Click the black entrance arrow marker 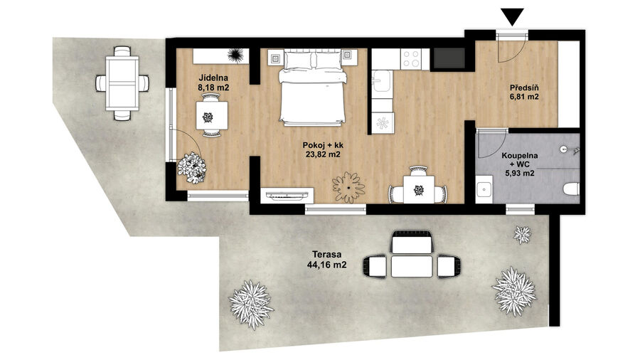click(x=512, y=17)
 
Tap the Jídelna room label click(x=213, y=78)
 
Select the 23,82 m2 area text click(x=323, y=154)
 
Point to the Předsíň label click(x=525, y=88)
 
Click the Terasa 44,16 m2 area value click(x=327, y=265)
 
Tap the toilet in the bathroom click(x=571, y=189)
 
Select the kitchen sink click(x=382, y=82)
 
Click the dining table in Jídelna click(x=212, y=116)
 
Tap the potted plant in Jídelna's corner click(x=192, y=167)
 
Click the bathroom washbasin click(x=484, y=189)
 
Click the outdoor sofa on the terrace click(x=412, y=242)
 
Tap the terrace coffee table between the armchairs click(x=412, y=266)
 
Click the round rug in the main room click(x=348, y=187)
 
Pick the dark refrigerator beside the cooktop click(x=449, y=58)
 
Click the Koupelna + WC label click(x=520, y=164)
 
